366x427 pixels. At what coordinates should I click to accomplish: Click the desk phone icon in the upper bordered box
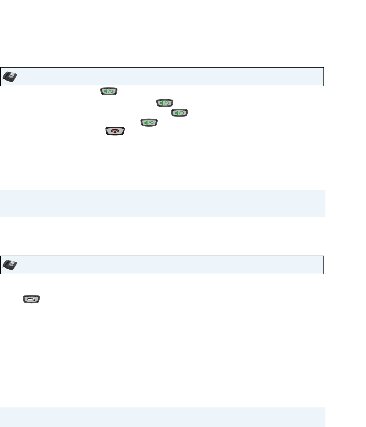[10, 77]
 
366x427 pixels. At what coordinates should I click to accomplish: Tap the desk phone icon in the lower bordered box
[10, 265]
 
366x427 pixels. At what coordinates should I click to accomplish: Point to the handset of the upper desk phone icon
[6, 77]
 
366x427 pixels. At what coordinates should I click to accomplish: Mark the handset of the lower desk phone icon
[6, 265]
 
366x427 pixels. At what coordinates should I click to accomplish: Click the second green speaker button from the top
[165, 103]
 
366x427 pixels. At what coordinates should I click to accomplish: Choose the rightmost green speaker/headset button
[180, 113]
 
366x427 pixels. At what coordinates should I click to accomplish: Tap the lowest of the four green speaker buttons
[149, 122]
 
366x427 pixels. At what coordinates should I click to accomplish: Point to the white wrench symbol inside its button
[31, 299]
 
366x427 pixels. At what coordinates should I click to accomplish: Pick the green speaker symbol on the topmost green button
[106, 92]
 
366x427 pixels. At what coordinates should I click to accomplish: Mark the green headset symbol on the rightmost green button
[182, 113]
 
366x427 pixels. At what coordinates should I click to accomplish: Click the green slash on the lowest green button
[149, 122]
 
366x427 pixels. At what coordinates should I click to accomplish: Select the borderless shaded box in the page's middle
[163, 203]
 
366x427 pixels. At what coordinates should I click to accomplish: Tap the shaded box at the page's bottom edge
[163, 417]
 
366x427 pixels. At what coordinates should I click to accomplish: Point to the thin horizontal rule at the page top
[183, 16]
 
